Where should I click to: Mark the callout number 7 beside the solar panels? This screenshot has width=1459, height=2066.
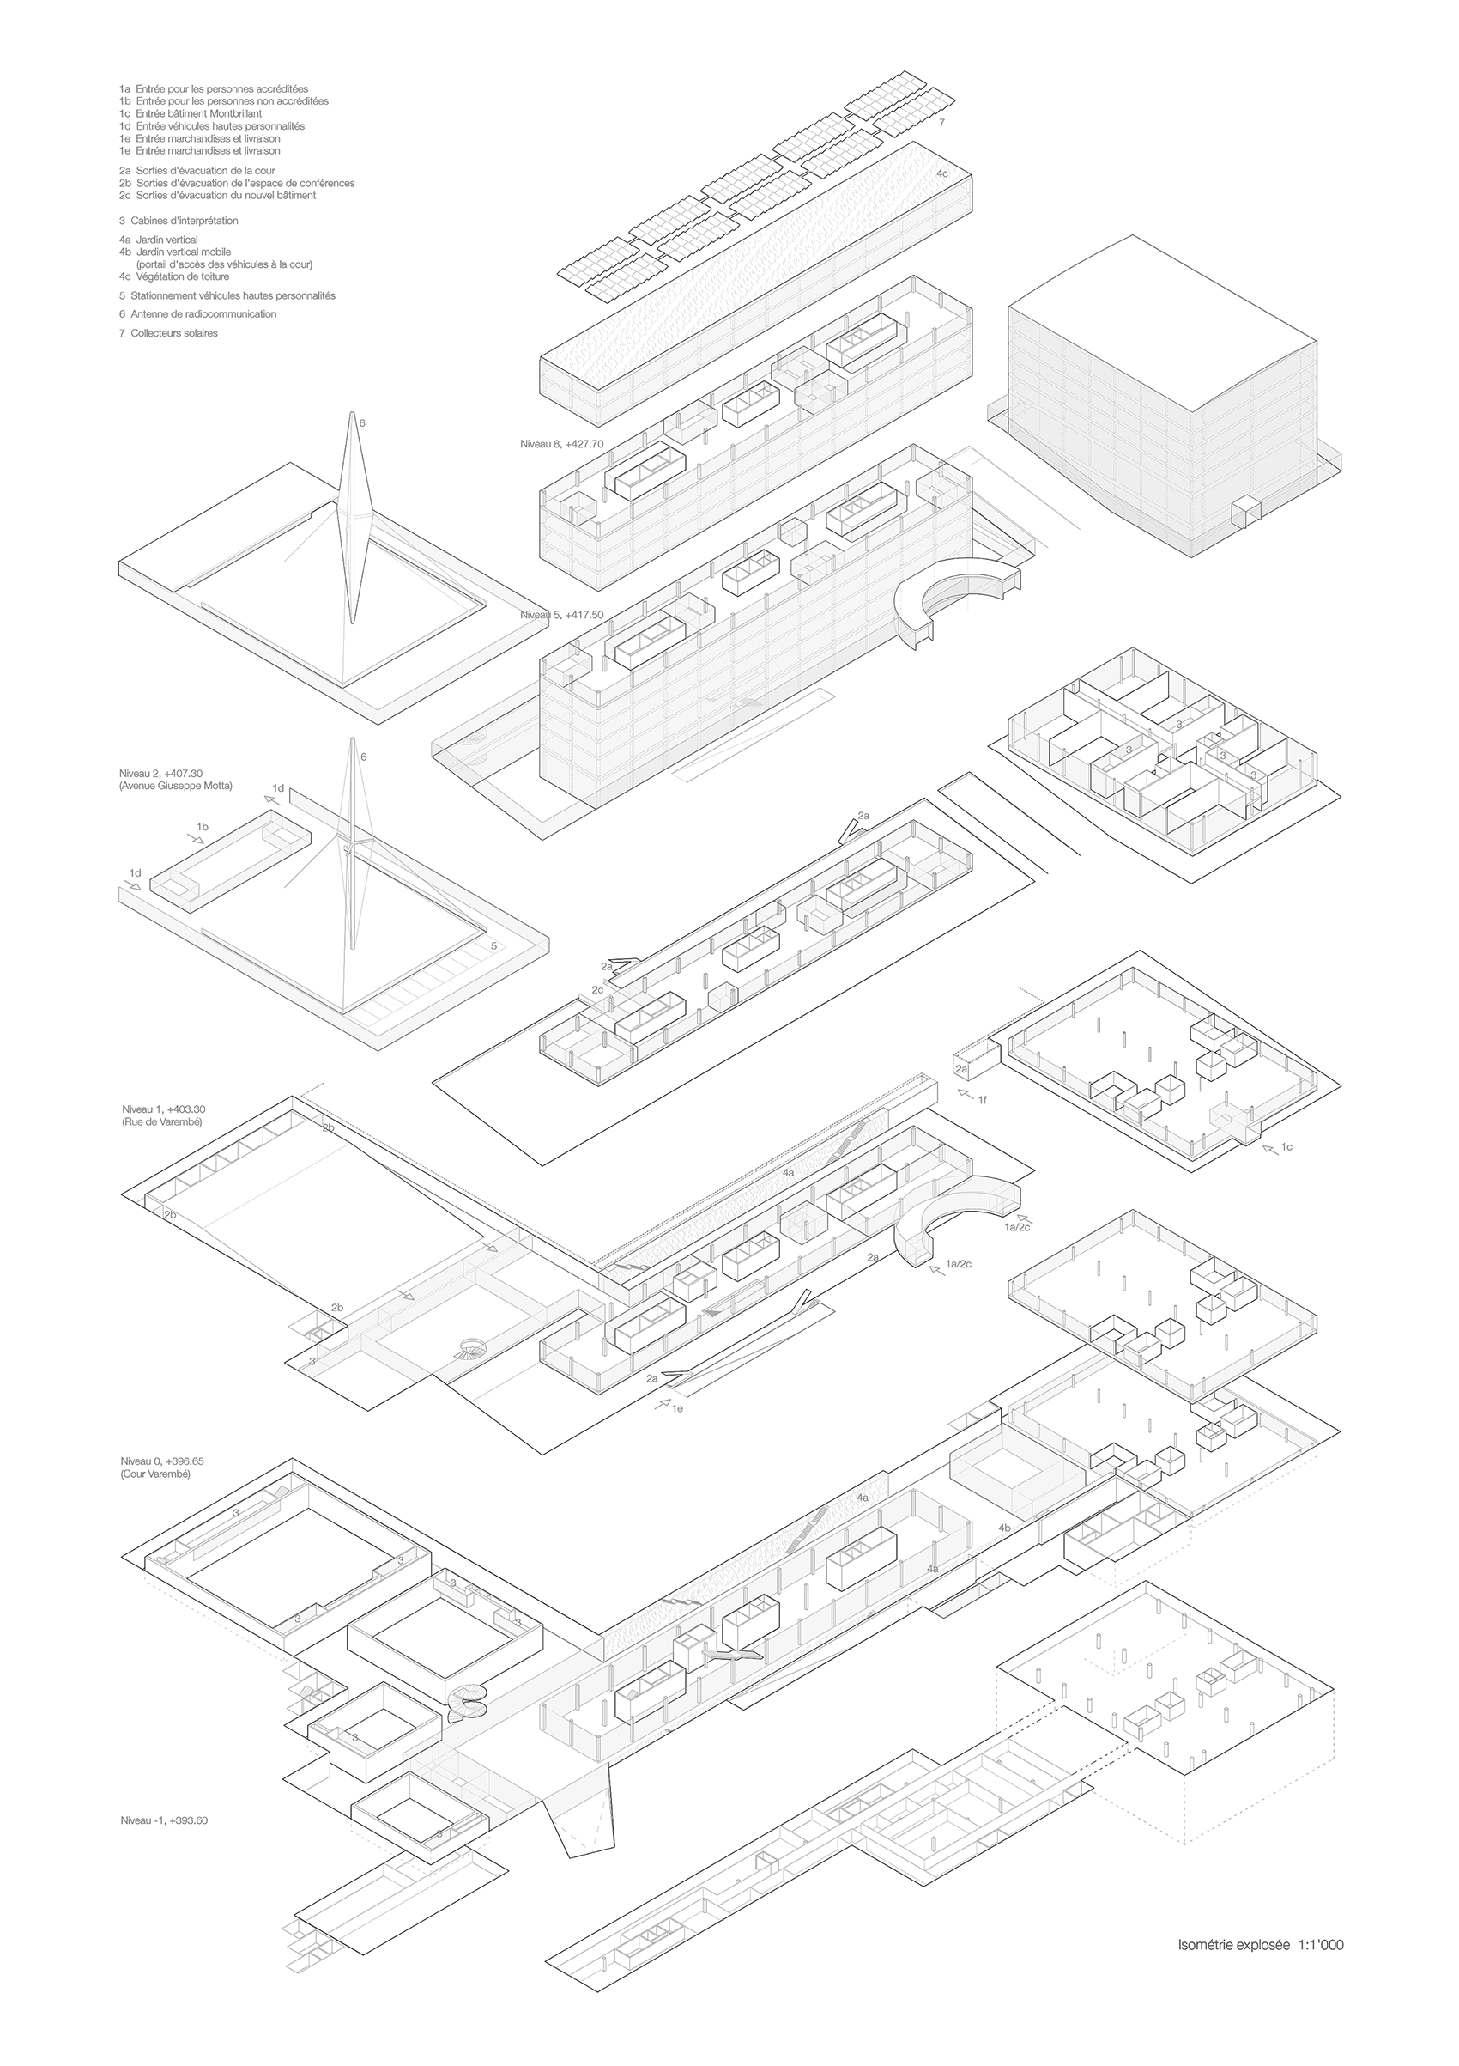tap(941, 121)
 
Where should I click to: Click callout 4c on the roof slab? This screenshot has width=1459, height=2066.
tap(941, 173)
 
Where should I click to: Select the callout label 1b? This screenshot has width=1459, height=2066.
tap(203, 826)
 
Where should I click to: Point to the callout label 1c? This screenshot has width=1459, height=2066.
tap(1286, 1147)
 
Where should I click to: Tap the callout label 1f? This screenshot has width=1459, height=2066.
tap(983, 1100)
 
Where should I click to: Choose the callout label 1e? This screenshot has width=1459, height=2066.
tap(677, 1408)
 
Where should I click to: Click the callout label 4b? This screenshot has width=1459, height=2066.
tap(1005, 1528)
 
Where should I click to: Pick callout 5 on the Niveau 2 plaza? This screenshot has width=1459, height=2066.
tap(493, 945)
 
